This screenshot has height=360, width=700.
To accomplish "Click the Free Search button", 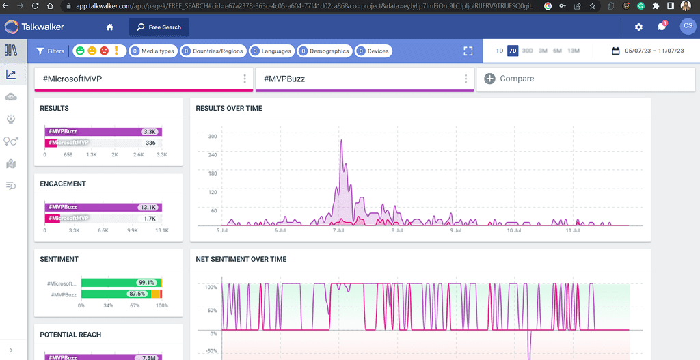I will [x=159, y=27].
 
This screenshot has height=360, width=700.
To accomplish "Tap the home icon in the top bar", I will [x=110, y=27].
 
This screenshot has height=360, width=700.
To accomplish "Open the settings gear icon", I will [x=638, y=27].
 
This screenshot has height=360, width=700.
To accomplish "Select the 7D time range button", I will [x=513, y=51].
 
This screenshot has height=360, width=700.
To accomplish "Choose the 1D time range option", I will [x=500, y=51].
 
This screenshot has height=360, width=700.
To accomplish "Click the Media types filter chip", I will [x=152, y=51].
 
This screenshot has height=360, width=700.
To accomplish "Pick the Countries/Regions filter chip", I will [x=213, y=51].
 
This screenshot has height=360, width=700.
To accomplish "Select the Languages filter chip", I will [x=271, y=51].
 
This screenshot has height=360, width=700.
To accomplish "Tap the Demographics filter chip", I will [x=324, y=51].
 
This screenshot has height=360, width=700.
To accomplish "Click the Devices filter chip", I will [x=373, y=51].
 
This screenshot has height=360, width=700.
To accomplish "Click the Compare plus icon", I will [x=489, y=79].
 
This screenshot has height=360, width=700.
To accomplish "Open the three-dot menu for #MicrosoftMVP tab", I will [x=245, y=79].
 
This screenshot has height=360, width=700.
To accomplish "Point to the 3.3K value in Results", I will [x=149, y=132].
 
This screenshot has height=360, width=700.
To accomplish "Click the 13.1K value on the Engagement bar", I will [x=148, y=207].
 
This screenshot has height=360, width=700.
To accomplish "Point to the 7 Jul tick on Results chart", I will [x=338, y=231].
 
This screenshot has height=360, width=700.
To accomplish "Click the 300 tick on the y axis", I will [x=212, y=137].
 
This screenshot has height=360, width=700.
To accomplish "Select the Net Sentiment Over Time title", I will [x=241, y=259].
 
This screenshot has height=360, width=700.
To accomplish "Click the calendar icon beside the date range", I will [x=615, y=51].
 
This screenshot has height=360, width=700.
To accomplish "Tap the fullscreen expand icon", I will [x=468, y=51].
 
